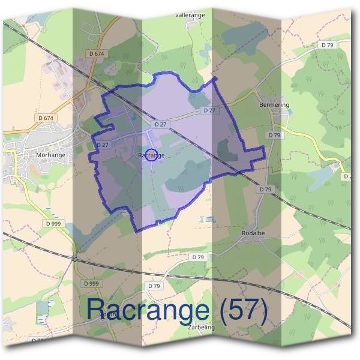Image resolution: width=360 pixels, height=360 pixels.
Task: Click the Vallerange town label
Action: (190, 14)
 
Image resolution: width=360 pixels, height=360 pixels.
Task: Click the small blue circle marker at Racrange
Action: (152, 155)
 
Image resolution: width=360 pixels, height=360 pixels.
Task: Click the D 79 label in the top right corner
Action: (326, 45)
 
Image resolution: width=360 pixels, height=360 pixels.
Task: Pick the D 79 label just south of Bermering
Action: (275, 136)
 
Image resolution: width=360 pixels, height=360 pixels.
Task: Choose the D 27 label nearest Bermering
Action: (209, 110)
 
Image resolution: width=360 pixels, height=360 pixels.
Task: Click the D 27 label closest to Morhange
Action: (102, 145)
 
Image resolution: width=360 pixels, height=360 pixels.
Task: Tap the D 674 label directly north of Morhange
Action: (46, 118)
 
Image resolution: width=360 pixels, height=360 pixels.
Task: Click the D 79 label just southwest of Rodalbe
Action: (199, 257)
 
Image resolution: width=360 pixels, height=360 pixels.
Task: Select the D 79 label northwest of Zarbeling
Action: (155, 286)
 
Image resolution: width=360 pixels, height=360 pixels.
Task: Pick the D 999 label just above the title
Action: (91, 283)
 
